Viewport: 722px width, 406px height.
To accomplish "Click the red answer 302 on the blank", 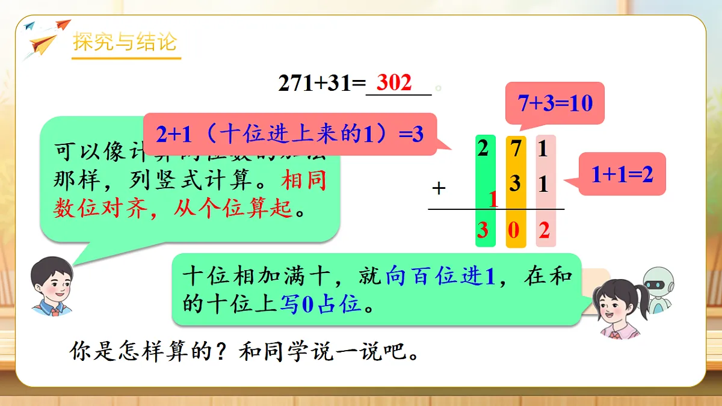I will point(394,83).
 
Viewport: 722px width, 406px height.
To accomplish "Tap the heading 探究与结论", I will point(125,43).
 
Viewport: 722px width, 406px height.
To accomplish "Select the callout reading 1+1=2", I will point(622,174).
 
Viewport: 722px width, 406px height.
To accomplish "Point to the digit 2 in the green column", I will point(483,148).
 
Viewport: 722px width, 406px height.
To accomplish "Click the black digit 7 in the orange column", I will point(516,149).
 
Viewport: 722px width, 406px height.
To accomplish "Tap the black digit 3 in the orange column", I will point(516,183).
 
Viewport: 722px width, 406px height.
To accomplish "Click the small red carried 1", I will point(494,199).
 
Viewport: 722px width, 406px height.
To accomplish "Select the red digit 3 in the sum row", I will point(483,230).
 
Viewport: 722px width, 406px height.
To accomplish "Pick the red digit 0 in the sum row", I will point(513,230).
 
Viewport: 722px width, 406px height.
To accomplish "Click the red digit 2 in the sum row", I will point(545,230).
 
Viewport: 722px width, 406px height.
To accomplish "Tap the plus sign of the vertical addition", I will point(439,188).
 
